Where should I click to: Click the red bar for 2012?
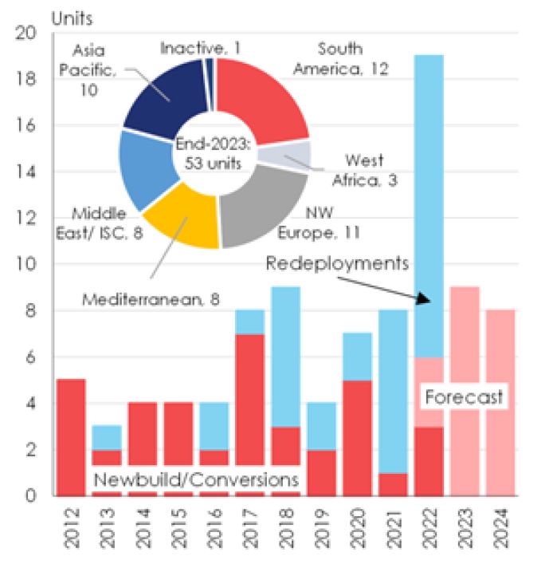(x=71, y=437)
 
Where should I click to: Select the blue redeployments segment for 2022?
(x=429, y=206)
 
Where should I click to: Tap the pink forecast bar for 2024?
(x=500, y=403)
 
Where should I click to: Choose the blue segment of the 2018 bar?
(x=285, y=357)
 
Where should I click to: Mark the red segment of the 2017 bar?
(x=249, y=399)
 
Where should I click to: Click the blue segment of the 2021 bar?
(x=393, y=392)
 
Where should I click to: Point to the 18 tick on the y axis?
(x=26, y=79)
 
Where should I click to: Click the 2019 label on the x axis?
(x=322, y=528)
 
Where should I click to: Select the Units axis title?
(x=72, y=18)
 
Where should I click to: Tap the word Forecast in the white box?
(x=464, y=397)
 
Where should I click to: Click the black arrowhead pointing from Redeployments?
(x=423, y=298)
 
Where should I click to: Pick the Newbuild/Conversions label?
(x=196, y=479)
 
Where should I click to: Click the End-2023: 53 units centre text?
(x=213, y=154)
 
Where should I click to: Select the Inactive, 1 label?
(x=201, y=48)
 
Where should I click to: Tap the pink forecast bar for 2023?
(x=465, y=392)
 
